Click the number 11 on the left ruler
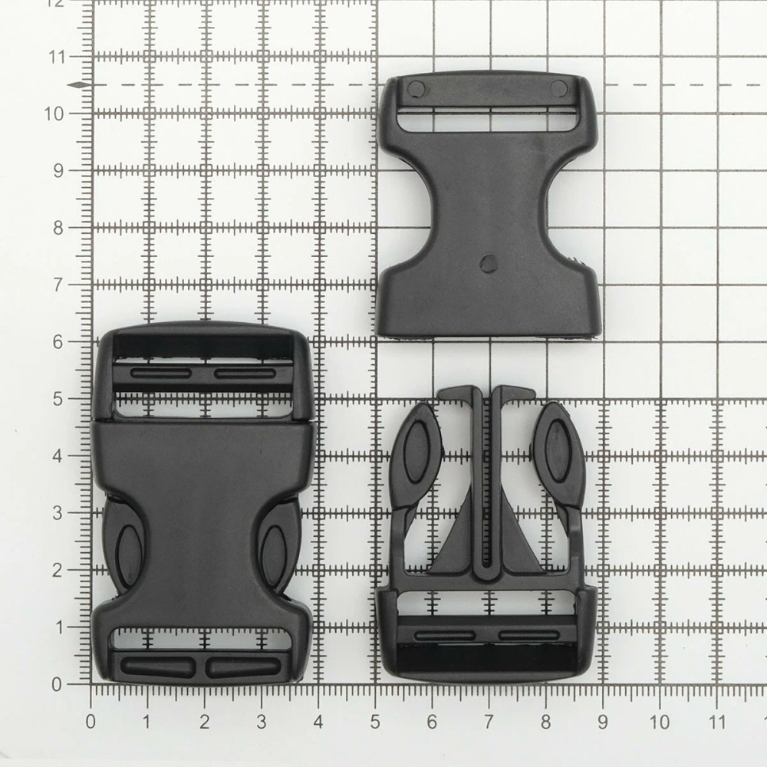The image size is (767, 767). point(57,58)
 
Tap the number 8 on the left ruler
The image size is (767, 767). point(58,228)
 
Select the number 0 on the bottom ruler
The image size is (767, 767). point(91,722)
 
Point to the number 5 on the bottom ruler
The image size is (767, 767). point(375,722)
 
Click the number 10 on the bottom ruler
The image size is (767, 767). point(659,722)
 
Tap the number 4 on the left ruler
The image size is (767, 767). point(58,456)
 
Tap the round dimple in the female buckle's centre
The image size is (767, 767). point(488,262)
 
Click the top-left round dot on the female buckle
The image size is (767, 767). point(416,88)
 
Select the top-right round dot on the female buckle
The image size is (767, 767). point(558,88)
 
